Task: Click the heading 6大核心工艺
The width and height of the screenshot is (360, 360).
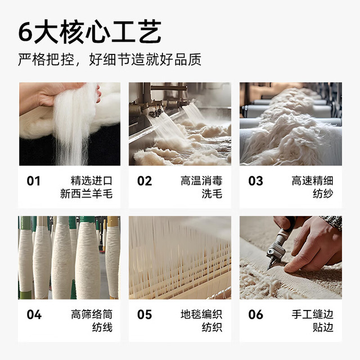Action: click(x=90, y=31)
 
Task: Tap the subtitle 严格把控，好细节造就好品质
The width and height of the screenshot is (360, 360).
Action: click(x=110, y=60)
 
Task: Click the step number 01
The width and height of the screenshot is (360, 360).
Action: click(x=34, y=181)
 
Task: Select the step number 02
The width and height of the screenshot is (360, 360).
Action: click(x=145, y=181)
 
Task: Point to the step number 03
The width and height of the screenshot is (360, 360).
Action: click(x=255, y=181)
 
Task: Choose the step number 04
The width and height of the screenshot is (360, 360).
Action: click(x=34, y=314)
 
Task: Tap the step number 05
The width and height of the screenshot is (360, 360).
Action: click(x=145, y=314)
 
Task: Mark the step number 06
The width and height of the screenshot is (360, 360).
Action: click(x=255, y=314)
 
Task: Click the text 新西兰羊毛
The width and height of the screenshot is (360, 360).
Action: click(x=86, y=193)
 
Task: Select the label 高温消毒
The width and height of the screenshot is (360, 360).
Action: click(x=201, y=181)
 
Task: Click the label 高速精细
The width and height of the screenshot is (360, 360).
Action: click(x=312, y=181)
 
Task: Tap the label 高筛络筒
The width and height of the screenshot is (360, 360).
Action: click(x=92, y=314)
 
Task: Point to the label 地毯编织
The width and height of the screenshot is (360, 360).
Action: click(x=201, y=314)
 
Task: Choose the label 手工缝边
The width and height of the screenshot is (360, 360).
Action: click(x=312, y=314)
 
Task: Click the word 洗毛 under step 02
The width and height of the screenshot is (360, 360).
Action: click(x=212, y=193)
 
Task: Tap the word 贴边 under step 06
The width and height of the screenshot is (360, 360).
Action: click(x=323, y=327)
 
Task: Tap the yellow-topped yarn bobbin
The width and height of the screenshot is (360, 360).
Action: click(x=112, y=257)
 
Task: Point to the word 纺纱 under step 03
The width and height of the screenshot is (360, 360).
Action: click(x=323, y=193)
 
